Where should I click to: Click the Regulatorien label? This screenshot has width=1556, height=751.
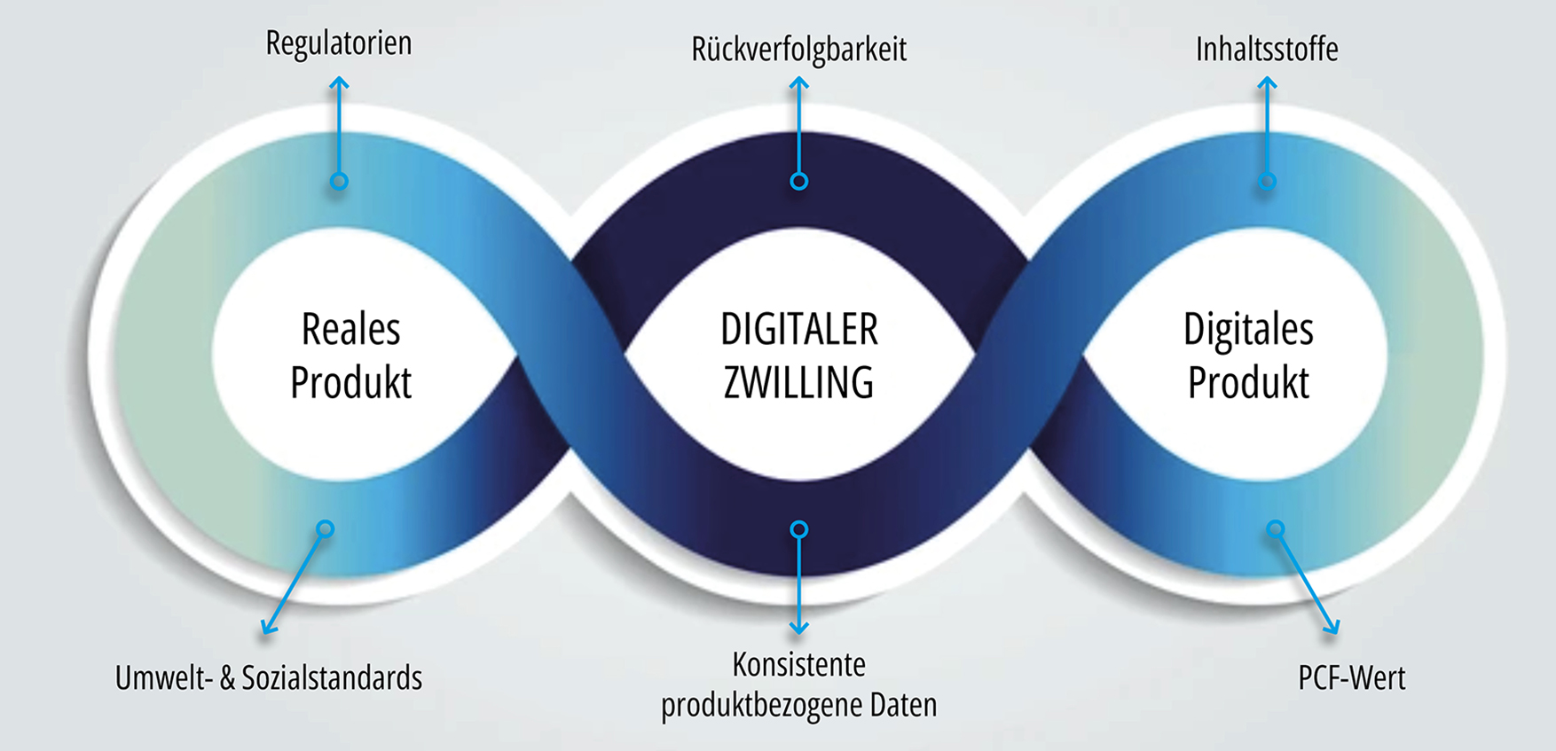[x=339, y=43]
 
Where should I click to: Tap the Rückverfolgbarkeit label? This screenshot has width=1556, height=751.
[x=798, y=50]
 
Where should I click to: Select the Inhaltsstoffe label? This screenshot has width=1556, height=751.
[x=1267, y=50]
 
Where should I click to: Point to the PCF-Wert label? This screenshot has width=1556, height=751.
[x=1351, y=678]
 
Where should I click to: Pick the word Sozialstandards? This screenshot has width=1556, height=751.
[x=332, y=678]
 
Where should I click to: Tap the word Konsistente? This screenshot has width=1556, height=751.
[x=798, y=664]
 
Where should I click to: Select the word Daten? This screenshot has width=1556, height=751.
[x=903, y=705]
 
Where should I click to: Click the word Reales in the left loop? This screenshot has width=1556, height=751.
[x=350, y=330]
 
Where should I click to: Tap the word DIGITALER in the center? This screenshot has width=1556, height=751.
[x=798, y=330]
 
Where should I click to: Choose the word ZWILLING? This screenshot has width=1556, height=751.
[x=798, y=383]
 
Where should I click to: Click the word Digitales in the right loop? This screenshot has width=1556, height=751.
[x=1248, y=330]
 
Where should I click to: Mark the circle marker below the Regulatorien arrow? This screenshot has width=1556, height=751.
[x=339, y=181]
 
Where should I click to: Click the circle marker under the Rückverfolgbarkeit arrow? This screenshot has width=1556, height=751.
[x=798, y=181]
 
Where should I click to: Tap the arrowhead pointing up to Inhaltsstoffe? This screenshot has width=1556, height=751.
[x=1267, y=82]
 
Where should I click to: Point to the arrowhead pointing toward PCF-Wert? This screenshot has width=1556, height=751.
[x=1332, y=629]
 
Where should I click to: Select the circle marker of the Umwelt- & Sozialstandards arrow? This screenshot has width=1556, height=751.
[x=326, y=529]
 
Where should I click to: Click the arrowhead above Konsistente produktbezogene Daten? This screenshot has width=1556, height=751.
[x=798, y=629]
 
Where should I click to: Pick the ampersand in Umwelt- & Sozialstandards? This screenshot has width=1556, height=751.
[x=227, y=678]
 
